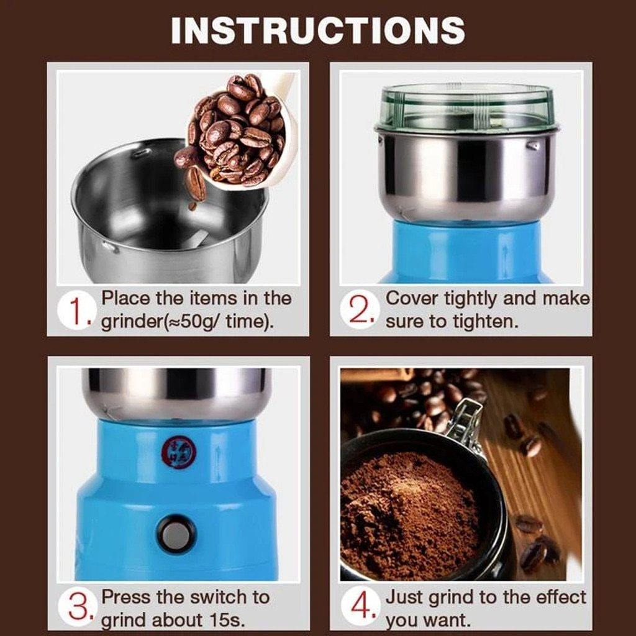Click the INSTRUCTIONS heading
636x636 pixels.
(317, 30)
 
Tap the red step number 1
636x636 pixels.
(76, 311)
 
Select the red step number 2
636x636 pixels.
(361, 311)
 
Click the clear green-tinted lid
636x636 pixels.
(466, 107)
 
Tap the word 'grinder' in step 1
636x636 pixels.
(129, 323)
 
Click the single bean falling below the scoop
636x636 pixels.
(196, 183)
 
